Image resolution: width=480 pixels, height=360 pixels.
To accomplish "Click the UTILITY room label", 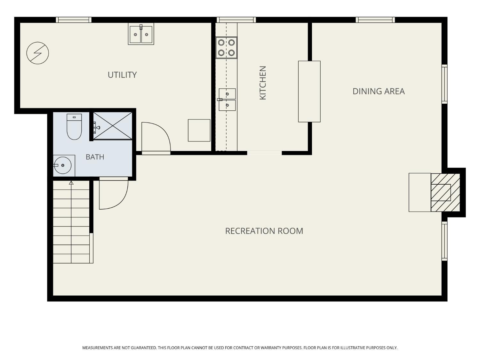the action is [x=122, y=75].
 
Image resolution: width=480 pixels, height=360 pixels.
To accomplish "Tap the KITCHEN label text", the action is [x=263, y=83].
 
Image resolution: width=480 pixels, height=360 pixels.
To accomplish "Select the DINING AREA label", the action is [x=379, y=92].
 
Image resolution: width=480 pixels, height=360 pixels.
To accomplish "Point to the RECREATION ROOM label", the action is [x=264, y=231].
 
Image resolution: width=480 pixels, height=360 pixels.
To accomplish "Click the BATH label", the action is [x=95, y=157].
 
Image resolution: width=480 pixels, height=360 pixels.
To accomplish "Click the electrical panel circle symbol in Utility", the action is [x=38, y=53].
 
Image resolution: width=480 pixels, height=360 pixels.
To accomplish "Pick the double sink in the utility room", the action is [x=141, y=34].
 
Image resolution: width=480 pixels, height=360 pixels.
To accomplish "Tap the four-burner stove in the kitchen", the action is [x=226, y=48].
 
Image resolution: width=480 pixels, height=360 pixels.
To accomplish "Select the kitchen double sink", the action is [x=227, y=100].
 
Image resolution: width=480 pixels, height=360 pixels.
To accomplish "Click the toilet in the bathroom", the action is [x=74, y=126].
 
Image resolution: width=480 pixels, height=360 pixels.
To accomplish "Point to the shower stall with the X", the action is [x=113, y=126].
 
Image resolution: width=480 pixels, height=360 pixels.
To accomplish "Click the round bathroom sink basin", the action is [x=63, y=165].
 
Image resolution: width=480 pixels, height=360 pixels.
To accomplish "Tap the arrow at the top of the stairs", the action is [x=71, y=183].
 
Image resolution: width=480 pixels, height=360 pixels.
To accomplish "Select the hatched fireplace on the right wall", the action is [x=445, y=192].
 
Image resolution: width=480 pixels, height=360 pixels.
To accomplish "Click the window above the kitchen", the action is [x=236, y=20].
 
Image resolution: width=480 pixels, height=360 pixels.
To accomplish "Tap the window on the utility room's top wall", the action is [x=74, y=20].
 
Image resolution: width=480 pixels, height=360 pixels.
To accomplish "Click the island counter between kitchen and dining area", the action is [x=309, y=92].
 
